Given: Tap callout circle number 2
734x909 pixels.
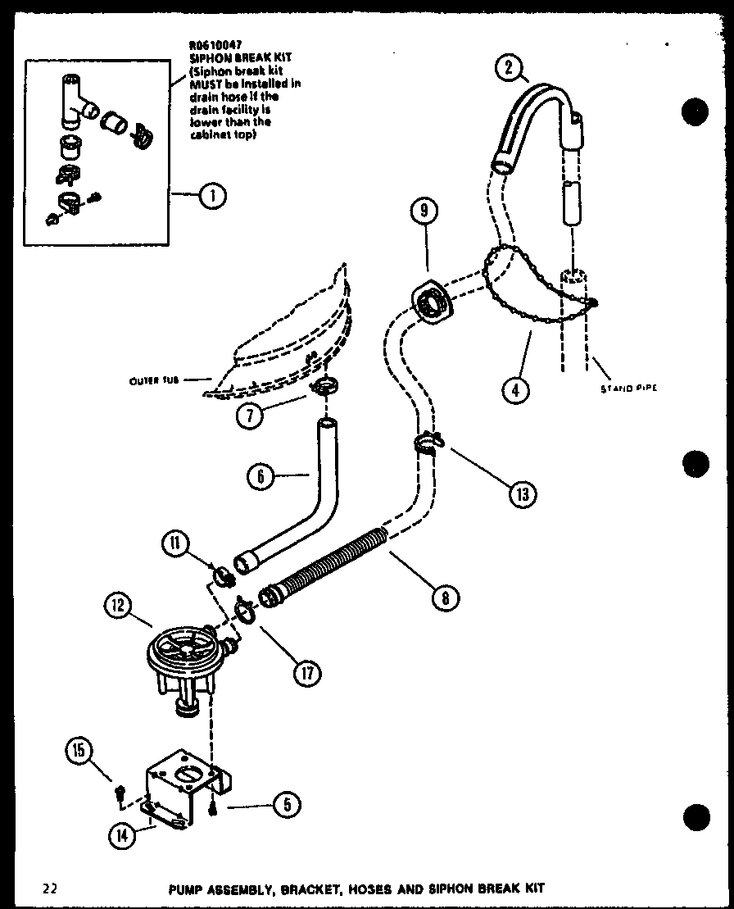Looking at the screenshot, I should pyautogui.click(x=509, y=68).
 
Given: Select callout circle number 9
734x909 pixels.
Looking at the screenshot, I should pyautogui.click(x=424, y=211).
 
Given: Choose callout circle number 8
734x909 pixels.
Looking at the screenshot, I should pyautogui.click(x=444, y=598).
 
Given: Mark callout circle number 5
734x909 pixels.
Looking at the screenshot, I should pyautogui.click(x=285, y=806).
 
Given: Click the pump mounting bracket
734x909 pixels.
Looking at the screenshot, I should pyautogui.click(x=183, y=787).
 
